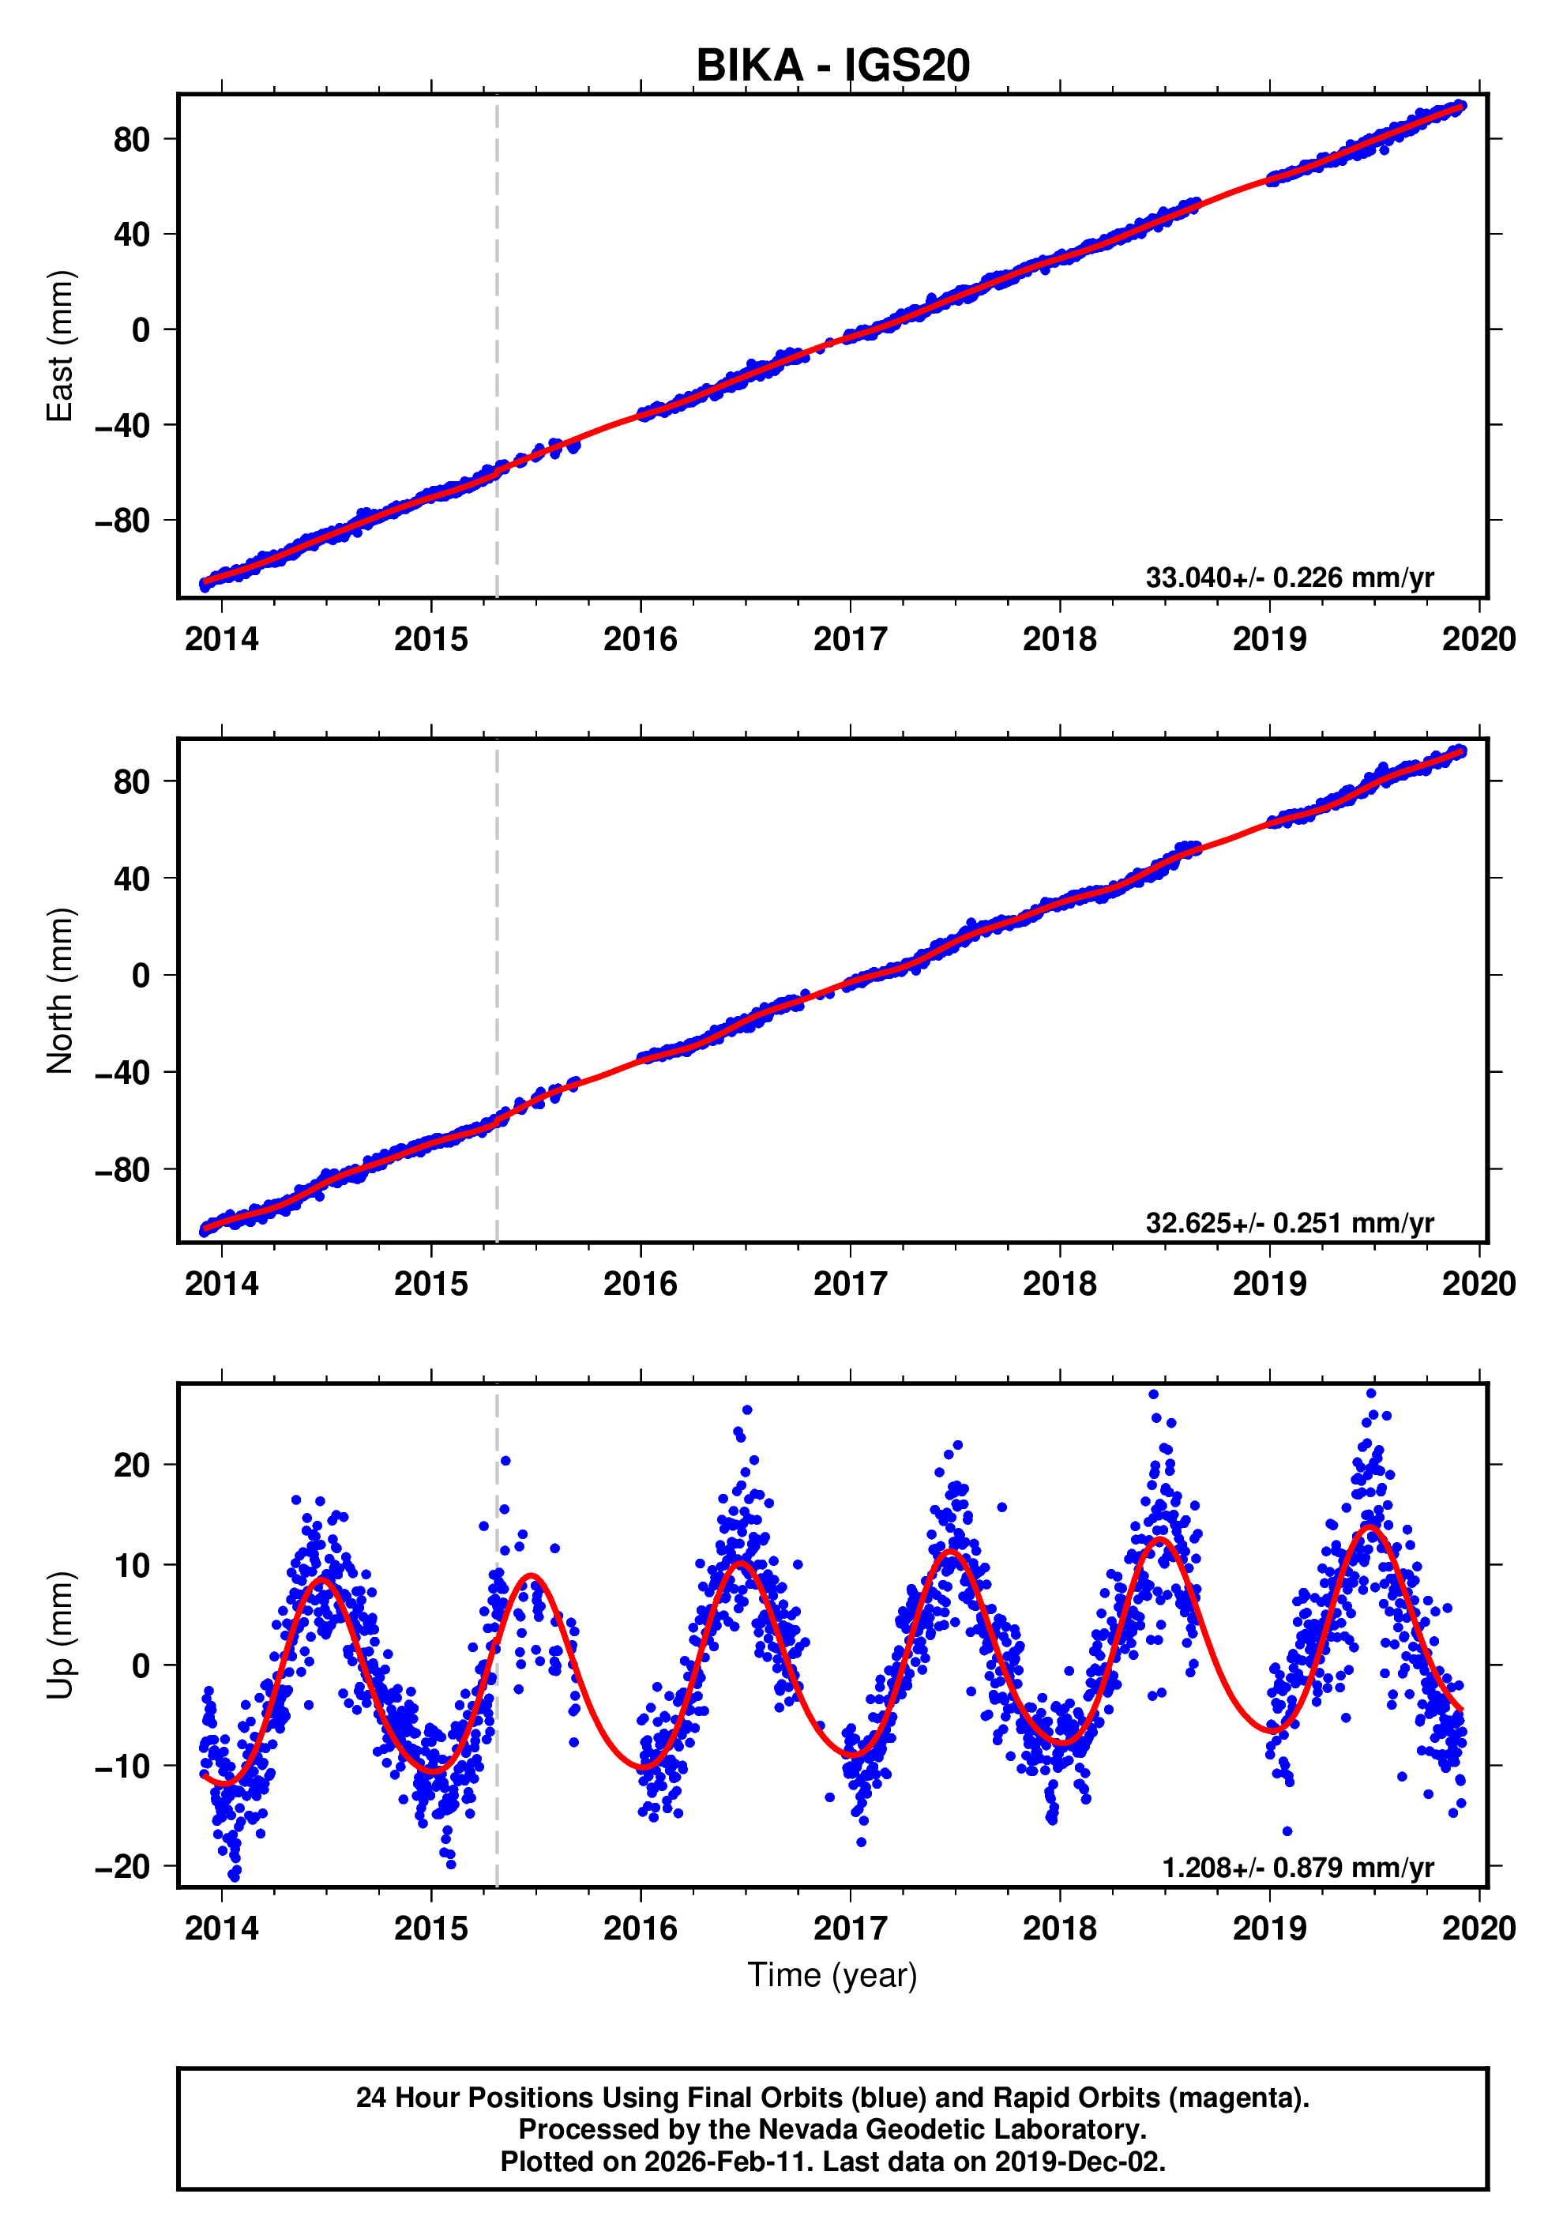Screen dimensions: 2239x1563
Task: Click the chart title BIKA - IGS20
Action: (832, 66)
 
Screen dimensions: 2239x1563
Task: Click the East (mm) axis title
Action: (61, 346)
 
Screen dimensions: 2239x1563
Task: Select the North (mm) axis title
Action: (61, 991)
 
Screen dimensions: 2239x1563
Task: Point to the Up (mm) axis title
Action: (61, 1635)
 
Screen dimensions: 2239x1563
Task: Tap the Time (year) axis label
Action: (832, 1974)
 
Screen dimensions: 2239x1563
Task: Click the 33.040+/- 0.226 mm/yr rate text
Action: (1289, 578)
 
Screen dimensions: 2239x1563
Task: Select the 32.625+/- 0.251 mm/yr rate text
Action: (1289, 1222)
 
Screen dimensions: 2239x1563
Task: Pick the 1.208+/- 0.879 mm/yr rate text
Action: (1297, 1868)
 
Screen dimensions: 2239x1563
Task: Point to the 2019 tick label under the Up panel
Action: (1268, 1929)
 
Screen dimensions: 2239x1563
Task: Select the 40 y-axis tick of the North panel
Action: (132, 879)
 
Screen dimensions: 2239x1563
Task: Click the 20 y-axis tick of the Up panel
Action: (132, 1465)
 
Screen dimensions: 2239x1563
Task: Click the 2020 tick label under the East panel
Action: (1478, 640)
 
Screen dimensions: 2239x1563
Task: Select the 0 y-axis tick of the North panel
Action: (141, 975)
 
